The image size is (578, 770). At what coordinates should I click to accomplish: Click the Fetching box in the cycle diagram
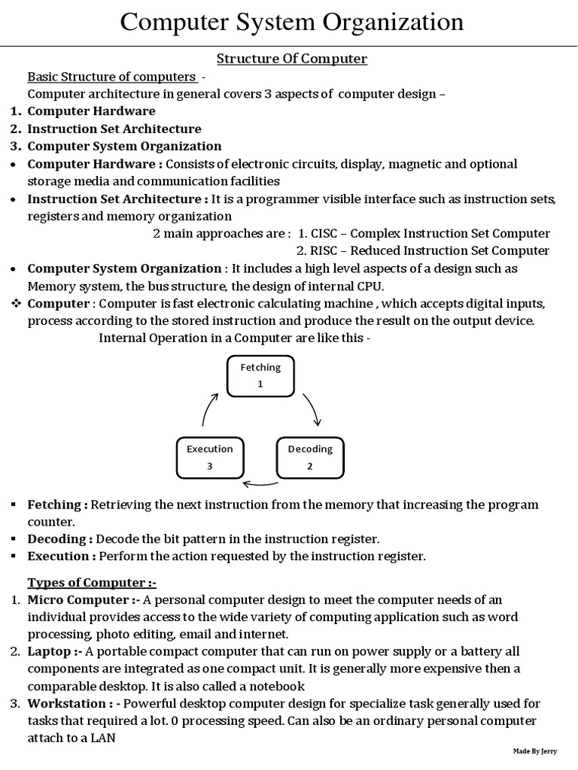[260, 376]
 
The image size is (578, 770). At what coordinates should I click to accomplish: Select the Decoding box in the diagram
[310, 457]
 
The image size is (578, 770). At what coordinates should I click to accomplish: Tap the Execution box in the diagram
[209, 457]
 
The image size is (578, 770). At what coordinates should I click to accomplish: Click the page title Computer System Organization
[292, 22]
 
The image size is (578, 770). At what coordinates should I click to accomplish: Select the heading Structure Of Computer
[292, 59]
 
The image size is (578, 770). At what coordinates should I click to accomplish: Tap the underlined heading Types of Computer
[92, 584]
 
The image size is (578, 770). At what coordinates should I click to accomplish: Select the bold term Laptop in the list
[50, 651]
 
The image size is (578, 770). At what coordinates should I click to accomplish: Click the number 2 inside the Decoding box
[309, 466]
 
